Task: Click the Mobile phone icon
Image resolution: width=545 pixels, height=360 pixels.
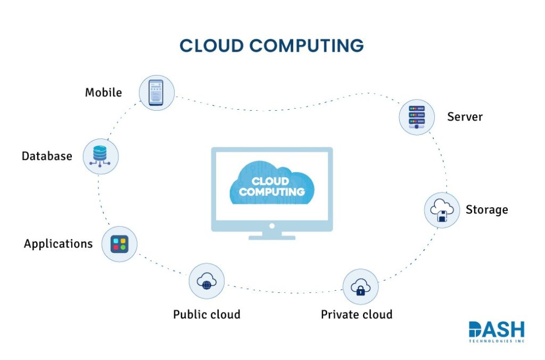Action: tap(156, 92)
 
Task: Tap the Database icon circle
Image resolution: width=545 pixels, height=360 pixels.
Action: tap(101, 157)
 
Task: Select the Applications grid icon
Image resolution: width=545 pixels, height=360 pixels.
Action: tap(119, 244)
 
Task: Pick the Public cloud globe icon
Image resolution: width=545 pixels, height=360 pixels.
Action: tap(207, 281)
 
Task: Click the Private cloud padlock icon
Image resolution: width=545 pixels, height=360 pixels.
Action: tap(360, 287)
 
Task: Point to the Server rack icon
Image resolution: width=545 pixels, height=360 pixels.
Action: tap(417, 117)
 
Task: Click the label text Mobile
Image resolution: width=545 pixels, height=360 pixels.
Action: tap(103, 93)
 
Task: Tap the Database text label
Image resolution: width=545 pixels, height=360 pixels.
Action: tap(47, 157)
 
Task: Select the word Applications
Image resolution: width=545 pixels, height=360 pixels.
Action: tap(58, 244)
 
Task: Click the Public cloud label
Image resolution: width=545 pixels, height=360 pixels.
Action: tap(207, 314)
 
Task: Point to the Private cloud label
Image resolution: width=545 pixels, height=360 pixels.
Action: tap(357, 314)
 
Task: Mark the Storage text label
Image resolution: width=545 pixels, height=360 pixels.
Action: tap(486, 209)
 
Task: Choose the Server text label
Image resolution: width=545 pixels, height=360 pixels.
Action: tap(465, 117)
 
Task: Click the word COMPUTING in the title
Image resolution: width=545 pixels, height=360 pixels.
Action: tap(307, 46)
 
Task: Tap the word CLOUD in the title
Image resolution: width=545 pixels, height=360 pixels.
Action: tap(212, 46)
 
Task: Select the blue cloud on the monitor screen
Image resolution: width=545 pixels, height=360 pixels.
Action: tap(272, 184)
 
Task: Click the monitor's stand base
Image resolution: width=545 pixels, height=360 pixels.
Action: tap(272, 236)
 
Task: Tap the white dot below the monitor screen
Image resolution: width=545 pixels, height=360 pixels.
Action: tap(272, 225)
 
